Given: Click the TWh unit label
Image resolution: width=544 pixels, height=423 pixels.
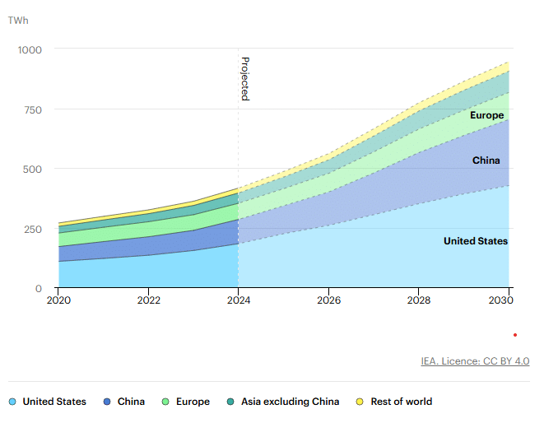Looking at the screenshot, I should pyautogui.click(x=17, y=18).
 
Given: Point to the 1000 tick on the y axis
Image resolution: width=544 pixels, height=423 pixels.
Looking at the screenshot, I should pyautogui.click(x=30, y=49).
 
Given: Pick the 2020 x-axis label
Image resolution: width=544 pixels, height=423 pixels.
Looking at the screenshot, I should pyautogui.click(x=58, y=301).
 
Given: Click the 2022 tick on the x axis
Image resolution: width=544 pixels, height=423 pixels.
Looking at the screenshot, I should pyautogui.click(x=148, y=301).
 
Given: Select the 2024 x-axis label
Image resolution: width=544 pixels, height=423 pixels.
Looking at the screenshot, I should pyautogui.click(x=238, y=301).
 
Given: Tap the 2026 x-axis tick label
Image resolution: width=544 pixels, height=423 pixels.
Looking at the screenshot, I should pyautogui.click(x=328, y=301).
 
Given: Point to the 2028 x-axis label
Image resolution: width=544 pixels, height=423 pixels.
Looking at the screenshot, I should pyautogui.click(x=418, y=301).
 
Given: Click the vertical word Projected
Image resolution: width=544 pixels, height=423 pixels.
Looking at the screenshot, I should pyautogui.click(x=244, y=78).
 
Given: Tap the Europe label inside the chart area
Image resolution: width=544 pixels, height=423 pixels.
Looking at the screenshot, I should pyautogui.click(x=486, y=115).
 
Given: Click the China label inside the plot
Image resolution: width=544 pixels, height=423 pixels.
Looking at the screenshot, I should pyautogui.click(x=486, y=160).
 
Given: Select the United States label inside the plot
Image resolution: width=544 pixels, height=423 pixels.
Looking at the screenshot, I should pyautogui.click(x=476, y=241).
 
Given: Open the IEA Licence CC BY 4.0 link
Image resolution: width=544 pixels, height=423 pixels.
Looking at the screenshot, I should pyautogui.click(x=475, y=360).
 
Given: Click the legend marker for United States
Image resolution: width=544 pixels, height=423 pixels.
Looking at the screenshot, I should pyautogui.click(x=12, y=402).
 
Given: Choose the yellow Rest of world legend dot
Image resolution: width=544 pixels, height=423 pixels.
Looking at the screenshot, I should pyautogui.click(x=360, y=402).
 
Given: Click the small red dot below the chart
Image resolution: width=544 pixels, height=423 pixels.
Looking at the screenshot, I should pyautogui.click(x=515, y=335).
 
